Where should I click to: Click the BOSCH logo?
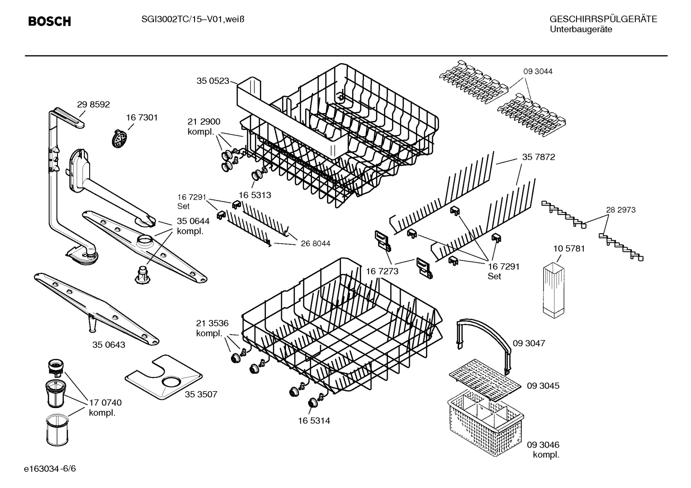click(49, 22)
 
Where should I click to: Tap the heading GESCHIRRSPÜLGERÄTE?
click(603, 19)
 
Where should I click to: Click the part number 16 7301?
click(142, 117)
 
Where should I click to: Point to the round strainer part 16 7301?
click(120, 138)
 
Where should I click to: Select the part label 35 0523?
click(213, 81)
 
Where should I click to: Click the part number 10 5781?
click(569, 249)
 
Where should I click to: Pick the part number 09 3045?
click(543, 386)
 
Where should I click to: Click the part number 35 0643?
click(109, 345)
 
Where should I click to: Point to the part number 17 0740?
click(105, 403)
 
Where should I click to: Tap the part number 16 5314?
click(313, 421)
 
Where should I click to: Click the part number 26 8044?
click(315, 244)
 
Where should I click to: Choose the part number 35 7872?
click(539, 157)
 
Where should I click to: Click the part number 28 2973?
click(621, 210)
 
